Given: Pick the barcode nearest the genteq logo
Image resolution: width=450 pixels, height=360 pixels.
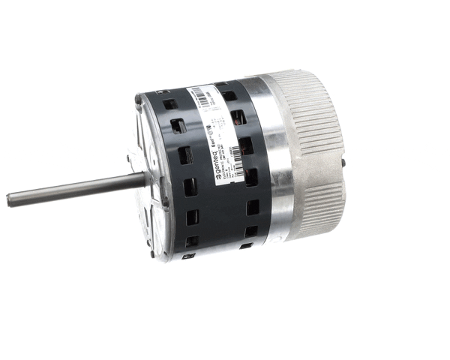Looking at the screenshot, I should click(x=235, y=154).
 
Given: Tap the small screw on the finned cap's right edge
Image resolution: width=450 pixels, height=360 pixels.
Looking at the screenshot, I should click(x=343, y=160).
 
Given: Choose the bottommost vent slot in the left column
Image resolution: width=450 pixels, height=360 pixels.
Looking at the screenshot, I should click(x=194, y=241).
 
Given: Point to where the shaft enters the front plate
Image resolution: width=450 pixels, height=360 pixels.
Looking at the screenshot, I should click(x=144, y=178).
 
